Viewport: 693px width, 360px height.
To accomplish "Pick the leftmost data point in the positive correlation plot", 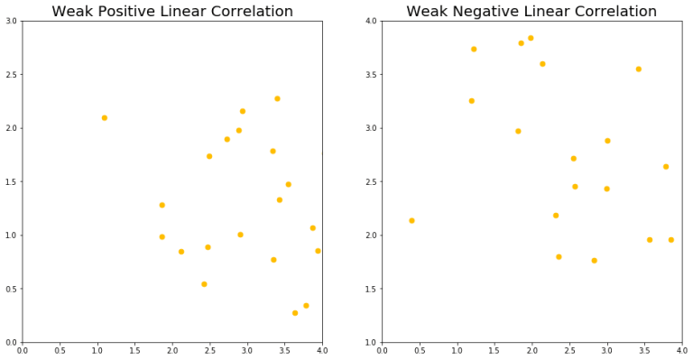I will point(105,117).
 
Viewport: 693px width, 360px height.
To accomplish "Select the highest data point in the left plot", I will point(277,98).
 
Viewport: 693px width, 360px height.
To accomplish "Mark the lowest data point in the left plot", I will point(295,313).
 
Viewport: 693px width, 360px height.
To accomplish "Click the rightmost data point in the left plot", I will point(318,251).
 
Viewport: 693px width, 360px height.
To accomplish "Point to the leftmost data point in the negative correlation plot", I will point(411,220).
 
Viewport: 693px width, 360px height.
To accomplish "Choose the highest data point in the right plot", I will point(531,38).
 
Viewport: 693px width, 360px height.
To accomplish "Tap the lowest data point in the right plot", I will point(594,261).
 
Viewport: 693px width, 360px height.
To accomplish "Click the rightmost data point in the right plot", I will point(670,240).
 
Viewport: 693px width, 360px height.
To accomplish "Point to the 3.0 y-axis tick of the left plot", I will point(11,21).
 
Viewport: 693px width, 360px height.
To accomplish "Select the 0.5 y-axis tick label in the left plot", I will point(11,290).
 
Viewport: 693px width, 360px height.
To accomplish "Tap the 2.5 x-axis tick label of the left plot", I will point(209,350).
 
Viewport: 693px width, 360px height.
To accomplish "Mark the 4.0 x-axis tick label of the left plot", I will point(321,350).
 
